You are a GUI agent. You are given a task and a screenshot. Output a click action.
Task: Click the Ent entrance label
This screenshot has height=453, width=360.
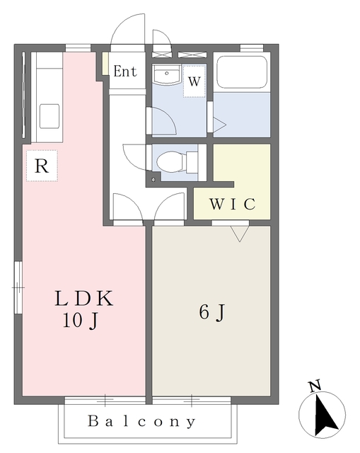pyautogui.click(x=124, y=71)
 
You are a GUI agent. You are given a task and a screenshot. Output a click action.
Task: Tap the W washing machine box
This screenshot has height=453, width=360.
pyautogui.click(x=194, y=81)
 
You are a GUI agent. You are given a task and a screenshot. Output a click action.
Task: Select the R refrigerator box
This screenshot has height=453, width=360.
pyautogui.click(x=42, y=166)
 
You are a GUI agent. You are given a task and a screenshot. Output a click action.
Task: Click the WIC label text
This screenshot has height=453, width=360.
pyautogui.click(x=233, y=204)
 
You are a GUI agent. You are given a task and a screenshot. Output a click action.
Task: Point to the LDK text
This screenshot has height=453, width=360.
pyautogui.click(x=83, y=299)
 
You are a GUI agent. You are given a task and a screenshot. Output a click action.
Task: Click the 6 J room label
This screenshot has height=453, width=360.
pyautogui.click(x=211, y=313)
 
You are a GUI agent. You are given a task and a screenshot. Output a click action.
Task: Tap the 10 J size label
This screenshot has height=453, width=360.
pyautogui.click(x=81, y=321)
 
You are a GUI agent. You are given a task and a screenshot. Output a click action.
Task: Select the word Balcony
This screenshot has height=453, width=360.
pyautogui.click(x=141, y=422)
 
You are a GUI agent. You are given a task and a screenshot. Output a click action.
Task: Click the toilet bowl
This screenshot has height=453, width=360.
pyautogui.click(x=170, y=162)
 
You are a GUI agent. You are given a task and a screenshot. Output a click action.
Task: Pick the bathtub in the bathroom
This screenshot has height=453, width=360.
pyautogui.click(x=242, y=71)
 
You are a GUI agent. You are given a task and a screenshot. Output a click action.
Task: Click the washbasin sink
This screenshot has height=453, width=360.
pyautogui.click(x=167, y=74)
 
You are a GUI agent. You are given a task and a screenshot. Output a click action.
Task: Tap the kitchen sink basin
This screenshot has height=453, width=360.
pyautogui.click(x=50, y=116)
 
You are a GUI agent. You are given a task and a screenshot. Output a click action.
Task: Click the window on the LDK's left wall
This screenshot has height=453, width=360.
pyautogui.click(x=18, y=287)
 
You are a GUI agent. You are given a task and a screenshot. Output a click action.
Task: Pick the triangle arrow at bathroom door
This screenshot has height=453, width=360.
pyautogui.click(x=220, y=125)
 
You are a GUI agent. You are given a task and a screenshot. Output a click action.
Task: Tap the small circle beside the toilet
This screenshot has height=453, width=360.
pyautogui.click(x=153, y=180)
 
